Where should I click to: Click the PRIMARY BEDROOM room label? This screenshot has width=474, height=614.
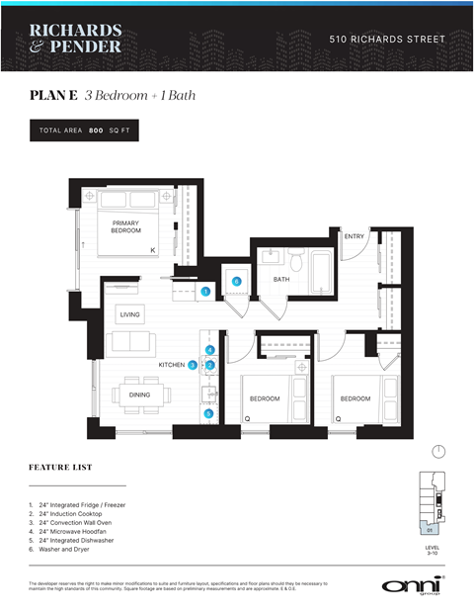pyautogui.click(x=125, y=226)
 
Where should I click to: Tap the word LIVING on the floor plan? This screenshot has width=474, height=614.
pyautogui.click(x=130, y=315)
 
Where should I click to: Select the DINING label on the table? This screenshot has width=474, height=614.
pyautogui.click(x=140, y=395)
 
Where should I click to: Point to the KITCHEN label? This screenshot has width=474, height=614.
pyautogui.click(x=172, y=365)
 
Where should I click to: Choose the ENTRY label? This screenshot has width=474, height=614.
pyautogui.click(x=355, y=236)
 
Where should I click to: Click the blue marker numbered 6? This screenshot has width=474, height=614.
pyautogui.click(x=236, y=282)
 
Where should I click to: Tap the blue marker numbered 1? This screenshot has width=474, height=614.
pyautogui.click(x=205, y=292)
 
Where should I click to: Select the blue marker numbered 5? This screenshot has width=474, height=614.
pyautogui.click(x=208, y=413)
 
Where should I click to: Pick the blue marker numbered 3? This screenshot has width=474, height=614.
pyautogui.click(x=193, y=365)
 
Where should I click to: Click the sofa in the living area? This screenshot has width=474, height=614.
pyautogui.click(x=129, y=342)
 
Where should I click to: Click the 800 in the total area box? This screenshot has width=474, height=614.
pyautogui.click(x=96, y=131)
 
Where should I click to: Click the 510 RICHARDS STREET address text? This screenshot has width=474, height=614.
pyautogui.click(x=387, y=40)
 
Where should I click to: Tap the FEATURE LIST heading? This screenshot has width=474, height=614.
pyautogui.click(x=61, y=466)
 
